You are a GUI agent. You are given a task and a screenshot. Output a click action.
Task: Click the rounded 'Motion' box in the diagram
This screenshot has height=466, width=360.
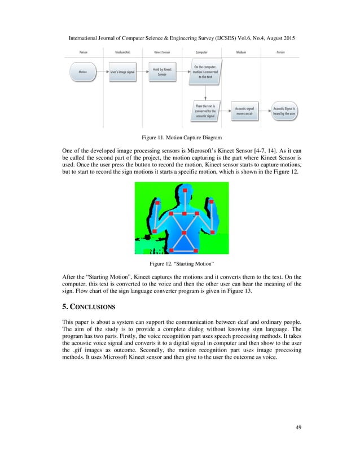click(82, 73)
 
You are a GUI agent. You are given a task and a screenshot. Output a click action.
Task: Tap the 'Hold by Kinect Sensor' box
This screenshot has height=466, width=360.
click(162, 73)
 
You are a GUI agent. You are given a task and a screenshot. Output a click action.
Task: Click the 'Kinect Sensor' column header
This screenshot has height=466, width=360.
click(162, 52)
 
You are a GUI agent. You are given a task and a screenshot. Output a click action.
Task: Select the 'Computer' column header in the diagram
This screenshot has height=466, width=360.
click(201, 52)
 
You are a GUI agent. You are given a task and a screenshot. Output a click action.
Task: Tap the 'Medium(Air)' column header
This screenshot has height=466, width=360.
click(122, 52)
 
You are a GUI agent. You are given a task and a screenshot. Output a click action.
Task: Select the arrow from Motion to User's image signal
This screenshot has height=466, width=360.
click(102, 73)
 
